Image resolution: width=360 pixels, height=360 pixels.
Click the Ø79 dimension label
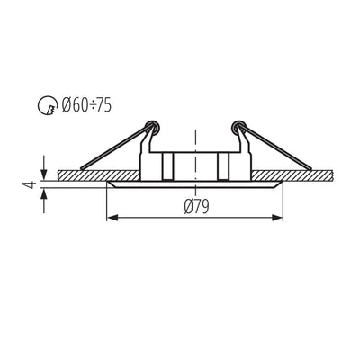(197, 207)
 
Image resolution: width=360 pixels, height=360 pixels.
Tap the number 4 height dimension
(31, 184)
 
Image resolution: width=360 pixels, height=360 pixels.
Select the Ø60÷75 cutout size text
(86, 105)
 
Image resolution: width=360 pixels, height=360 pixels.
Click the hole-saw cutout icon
(48, 105)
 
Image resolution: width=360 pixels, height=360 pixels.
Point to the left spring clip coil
(152, 127)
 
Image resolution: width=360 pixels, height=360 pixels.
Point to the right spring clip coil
(238, 127)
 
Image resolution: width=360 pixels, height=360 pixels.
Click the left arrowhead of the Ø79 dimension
(112, 218)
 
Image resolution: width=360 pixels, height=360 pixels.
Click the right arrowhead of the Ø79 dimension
(277, 218)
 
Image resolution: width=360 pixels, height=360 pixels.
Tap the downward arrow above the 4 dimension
(44, 167)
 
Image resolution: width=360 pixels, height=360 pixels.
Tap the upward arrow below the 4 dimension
(44, 201)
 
